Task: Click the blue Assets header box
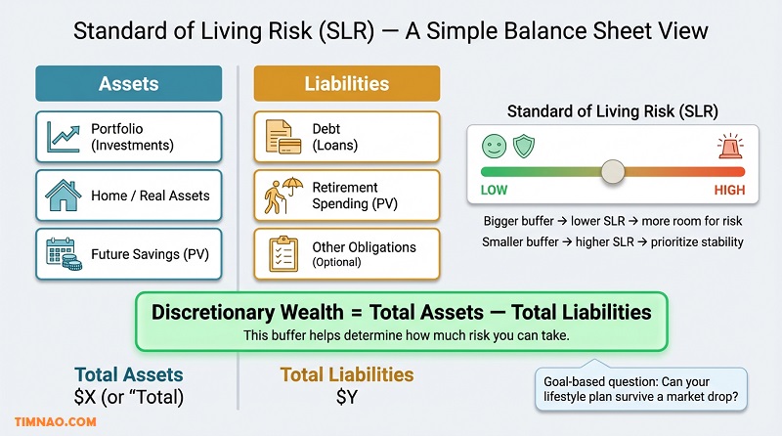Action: tap(128, 84)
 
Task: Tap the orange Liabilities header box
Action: tap(347, 84)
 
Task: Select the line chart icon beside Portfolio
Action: tap(63, 137)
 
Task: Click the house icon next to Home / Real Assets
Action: tap(63, 196)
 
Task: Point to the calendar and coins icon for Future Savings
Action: tap(63, 253)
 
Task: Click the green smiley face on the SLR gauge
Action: tap(493, 147)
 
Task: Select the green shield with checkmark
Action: tap(524, 147)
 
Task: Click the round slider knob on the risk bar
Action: tap(613, 171)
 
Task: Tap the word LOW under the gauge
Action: tap(495, 191)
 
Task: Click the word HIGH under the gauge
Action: tap(729, 191)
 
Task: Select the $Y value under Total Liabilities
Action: tap(347, 397)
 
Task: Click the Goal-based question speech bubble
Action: tap(641, 388)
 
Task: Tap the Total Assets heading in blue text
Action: tap(128, 374)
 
